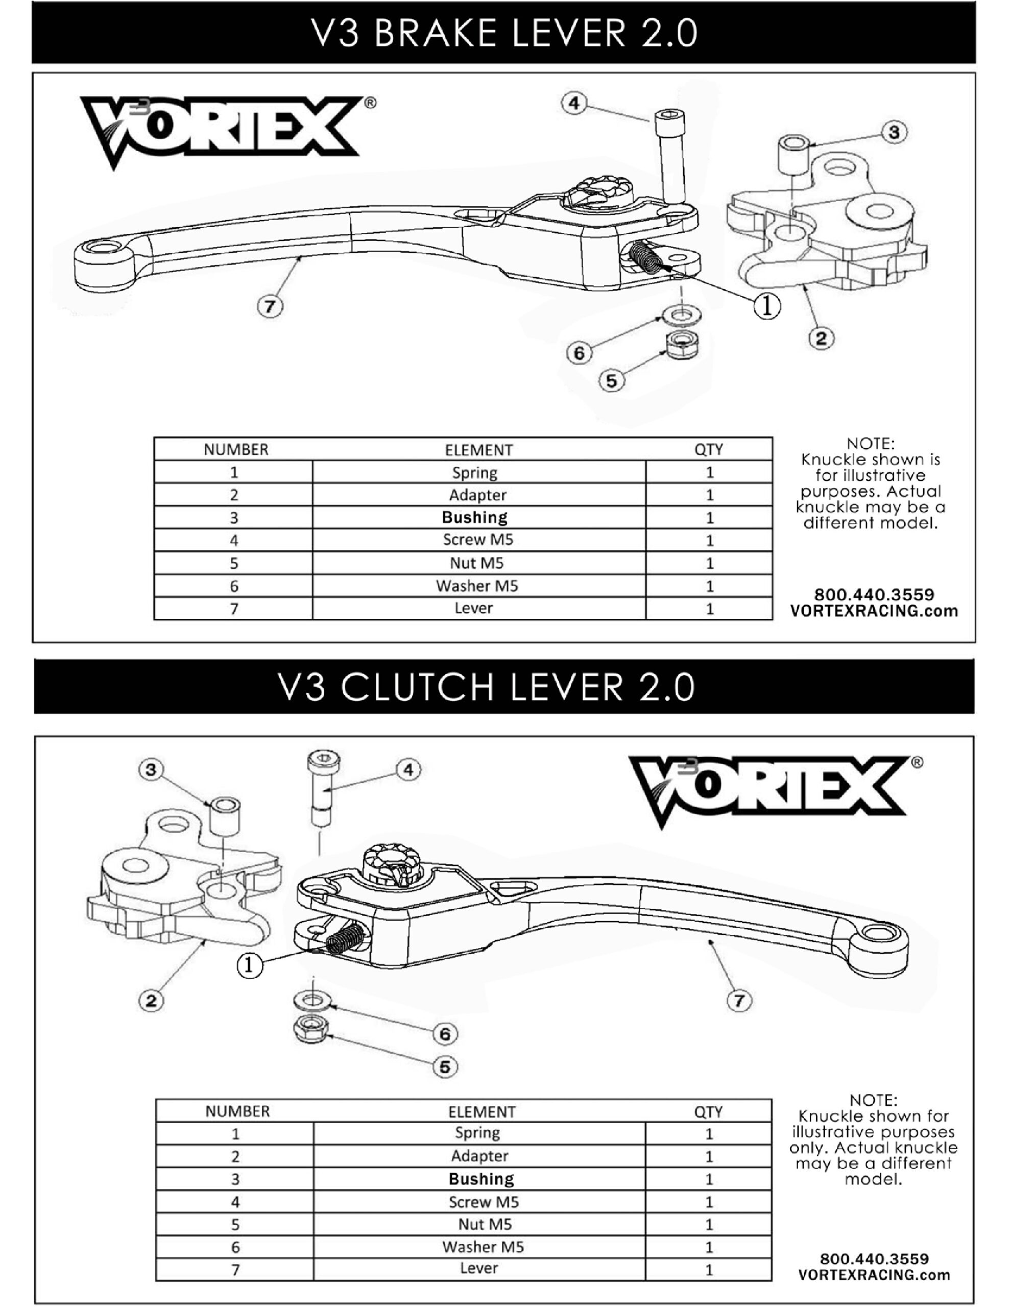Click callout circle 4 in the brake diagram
point(573,104)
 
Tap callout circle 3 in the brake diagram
point(894,132)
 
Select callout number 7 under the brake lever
point(270,307)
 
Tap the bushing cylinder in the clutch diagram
point(225,817)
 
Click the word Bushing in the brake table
point(474,517)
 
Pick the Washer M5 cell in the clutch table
point(483,1247)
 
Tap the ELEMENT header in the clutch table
point(482,1111)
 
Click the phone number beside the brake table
point(874,595)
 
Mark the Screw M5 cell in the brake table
point(478,540)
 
